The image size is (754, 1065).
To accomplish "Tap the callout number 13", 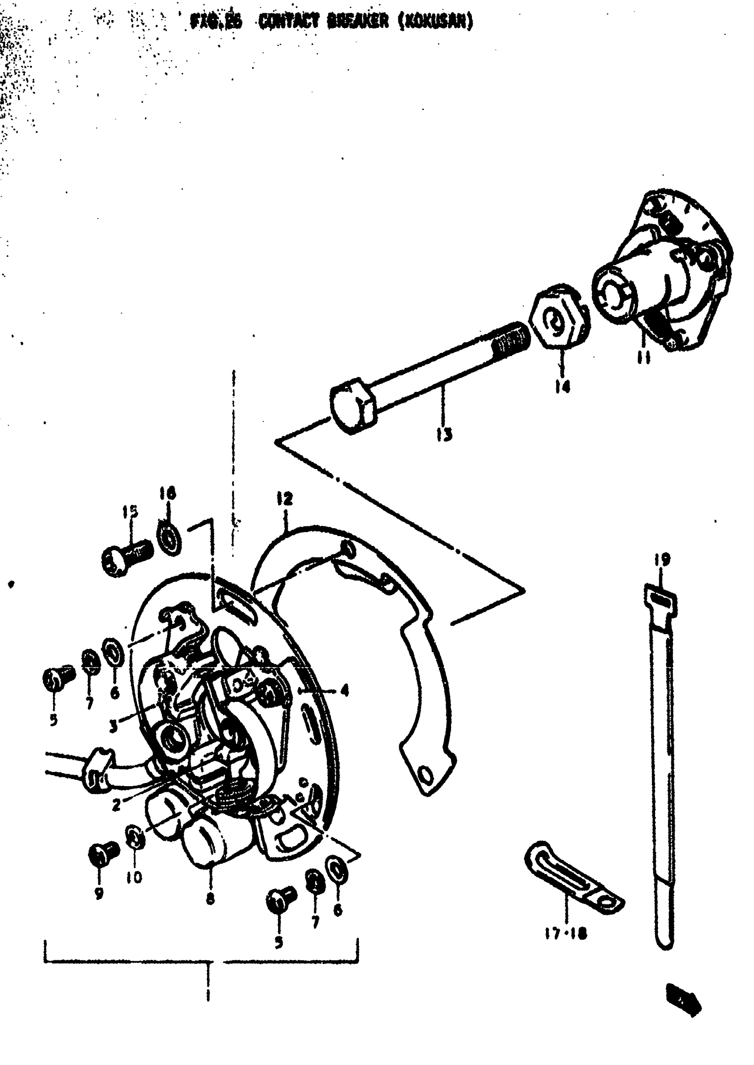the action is pyautogui.click(x=445, y=435).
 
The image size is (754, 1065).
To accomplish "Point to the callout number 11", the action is pyautogui.click(x=644, y=358).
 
